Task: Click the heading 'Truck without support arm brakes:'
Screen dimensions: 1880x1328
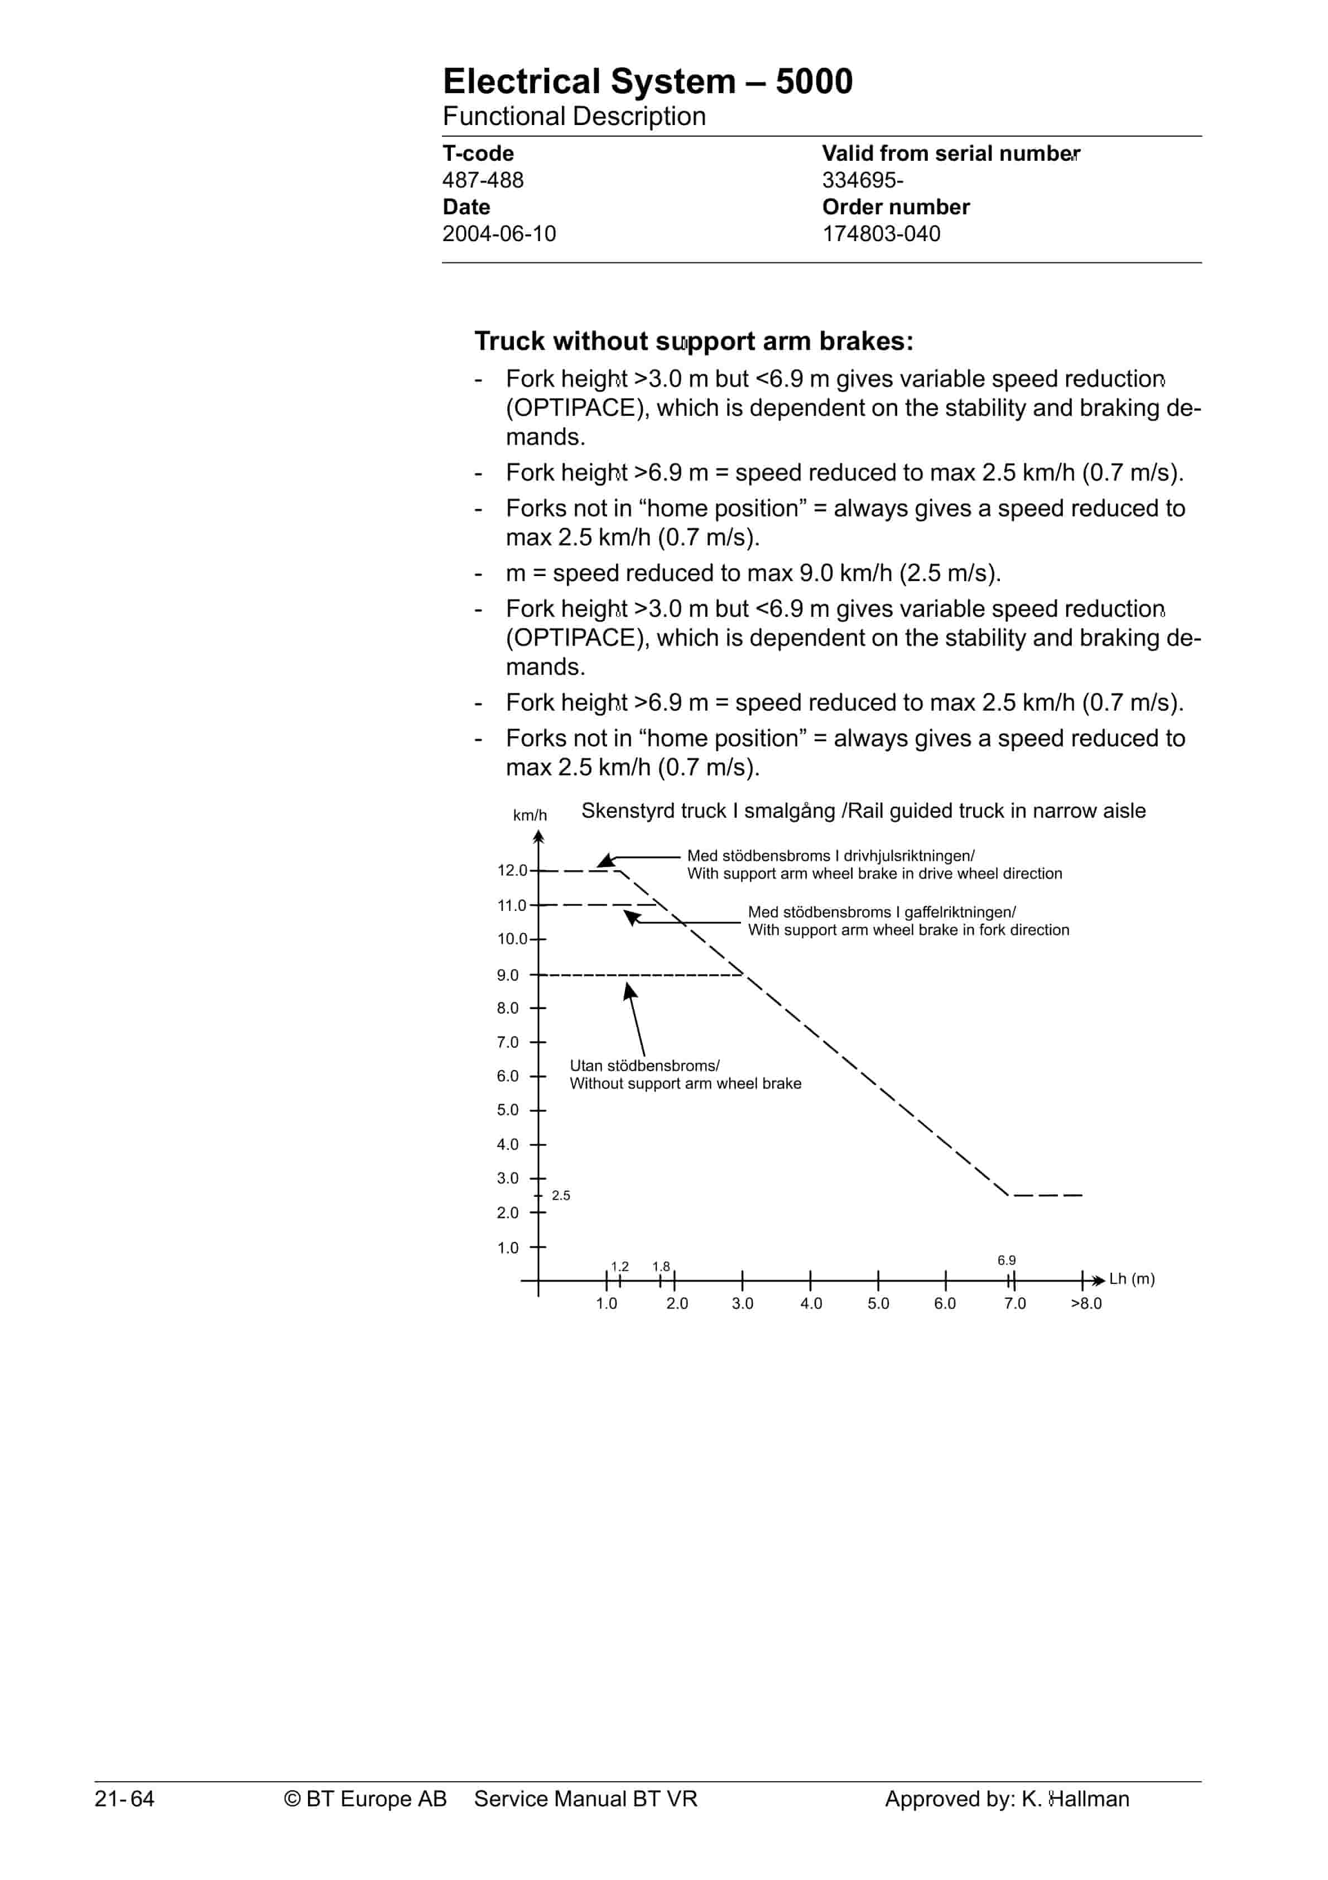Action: (x=694, y=340)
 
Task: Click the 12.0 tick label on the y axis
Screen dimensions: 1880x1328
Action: (x=512, y=870)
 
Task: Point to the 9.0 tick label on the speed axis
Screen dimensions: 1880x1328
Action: (x=508, y=975)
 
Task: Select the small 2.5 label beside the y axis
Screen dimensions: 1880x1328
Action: (x=561, y=1196)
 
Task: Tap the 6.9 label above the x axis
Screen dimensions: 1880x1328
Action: (x=1006, y=1260)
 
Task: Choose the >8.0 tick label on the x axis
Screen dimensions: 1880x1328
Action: (x=1086, y=1303)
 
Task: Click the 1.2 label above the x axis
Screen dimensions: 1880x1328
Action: (x=620, y=1267)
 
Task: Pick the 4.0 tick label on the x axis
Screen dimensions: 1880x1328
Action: (x=811, y=1303)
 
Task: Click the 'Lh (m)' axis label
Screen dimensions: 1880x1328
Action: (x=1132, y=1279)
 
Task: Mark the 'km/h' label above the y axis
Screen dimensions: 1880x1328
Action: (x=530, y=816)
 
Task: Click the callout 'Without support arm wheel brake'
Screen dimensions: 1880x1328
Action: (x=685, y=1083)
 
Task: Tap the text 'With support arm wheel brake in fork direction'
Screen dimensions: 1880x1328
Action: (x=908, y=930)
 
